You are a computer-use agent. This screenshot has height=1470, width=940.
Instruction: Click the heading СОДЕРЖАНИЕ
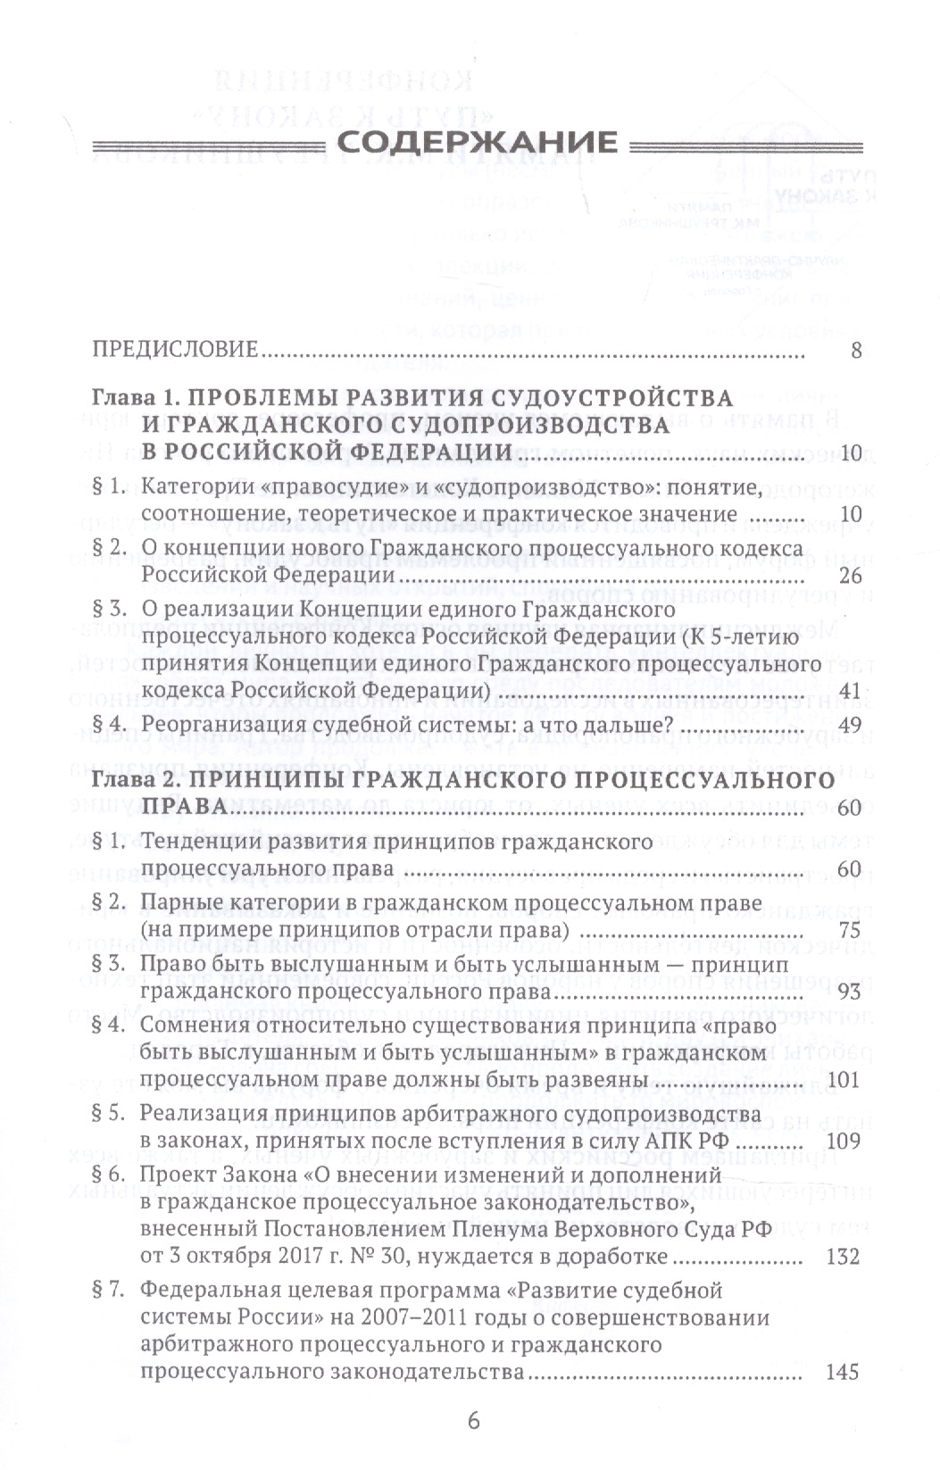pos(470,143)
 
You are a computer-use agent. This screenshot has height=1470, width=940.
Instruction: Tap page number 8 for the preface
pos(856,350)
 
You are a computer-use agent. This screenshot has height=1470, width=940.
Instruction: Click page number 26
pos(849,575)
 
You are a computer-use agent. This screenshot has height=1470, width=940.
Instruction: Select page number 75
pos(849,930)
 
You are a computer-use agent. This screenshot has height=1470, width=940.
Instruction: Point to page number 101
pos(844,1079)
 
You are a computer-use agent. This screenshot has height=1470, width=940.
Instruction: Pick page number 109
pos(844,1141)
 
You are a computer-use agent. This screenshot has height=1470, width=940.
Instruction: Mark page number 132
pos(844,1257)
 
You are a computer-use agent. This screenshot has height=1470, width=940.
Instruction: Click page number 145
pos(844,1370)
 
